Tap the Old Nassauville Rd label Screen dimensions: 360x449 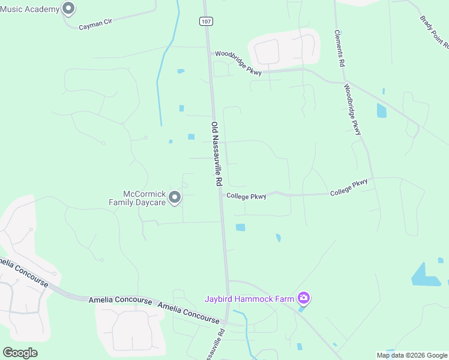click(217, 154)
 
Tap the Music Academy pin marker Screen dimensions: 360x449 click(68, 8)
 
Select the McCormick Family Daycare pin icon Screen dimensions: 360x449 click(175, 197)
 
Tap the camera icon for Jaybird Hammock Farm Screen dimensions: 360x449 click(304, 298)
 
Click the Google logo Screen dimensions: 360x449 click(20, 353)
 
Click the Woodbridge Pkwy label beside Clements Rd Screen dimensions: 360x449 click(353, 109)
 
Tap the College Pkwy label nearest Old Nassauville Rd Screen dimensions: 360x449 click(246, 196)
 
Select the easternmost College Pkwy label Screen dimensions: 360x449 click(348, 187)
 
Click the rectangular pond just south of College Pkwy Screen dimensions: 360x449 click(241, 227)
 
